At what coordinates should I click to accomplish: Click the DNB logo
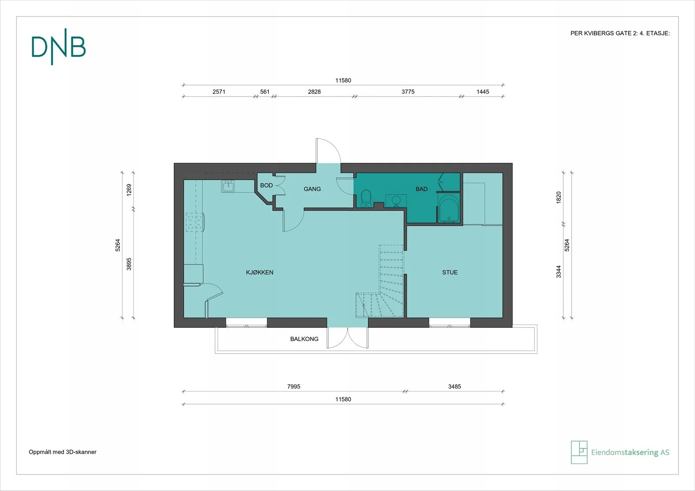(58, 46)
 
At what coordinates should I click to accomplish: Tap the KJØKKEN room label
(260, 272)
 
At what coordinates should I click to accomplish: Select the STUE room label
(450, 272)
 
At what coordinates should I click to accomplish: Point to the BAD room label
(422, 189)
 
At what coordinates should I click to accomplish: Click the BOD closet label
(267, 185)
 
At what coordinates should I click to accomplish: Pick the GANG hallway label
(312, 189)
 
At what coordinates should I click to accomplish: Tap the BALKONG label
(304, 339)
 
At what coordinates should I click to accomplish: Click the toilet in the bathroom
(367, 199)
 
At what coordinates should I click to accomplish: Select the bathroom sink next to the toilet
(396, 200)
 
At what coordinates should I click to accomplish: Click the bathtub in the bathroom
(449, 208)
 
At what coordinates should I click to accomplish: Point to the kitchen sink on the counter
(228, 186)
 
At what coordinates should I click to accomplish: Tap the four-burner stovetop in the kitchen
(194, 222)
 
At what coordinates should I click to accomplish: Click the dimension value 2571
(219, 92)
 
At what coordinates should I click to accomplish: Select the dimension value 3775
(408, 92)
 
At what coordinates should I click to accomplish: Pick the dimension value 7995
(294, 386)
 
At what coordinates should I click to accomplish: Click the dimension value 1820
(559, 198)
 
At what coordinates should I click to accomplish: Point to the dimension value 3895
(129, 264)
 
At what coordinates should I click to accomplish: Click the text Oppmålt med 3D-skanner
(63, 452)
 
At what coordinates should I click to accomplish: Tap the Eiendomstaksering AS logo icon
(579, 452)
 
